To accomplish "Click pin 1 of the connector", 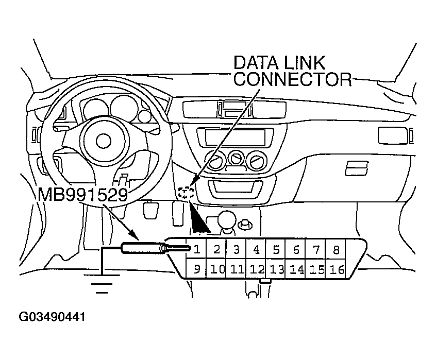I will [x=197, y=250].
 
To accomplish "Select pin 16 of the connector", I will [x=337, y=269].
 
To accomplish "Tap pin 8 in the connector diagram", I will [x=336, y=250].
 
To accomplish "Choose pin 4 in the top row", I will [x=256, y=250].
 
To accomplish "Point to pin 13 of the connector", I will [x=276, y=269].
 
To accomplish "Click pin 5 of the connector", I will [x=276, y=250].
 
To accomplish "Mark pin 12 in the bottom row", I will [x=257, y=269].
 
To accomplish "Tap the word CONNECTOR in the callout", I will [x=292, y=80].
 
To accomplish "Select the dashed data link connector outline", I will [x=186, y=194].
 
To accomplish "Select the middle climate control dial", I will [x=237, y=158].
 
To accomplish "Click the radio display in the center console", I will [x=234, y=138].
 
